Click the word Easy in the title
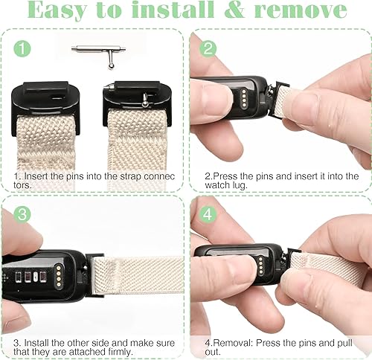(59, 10)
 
